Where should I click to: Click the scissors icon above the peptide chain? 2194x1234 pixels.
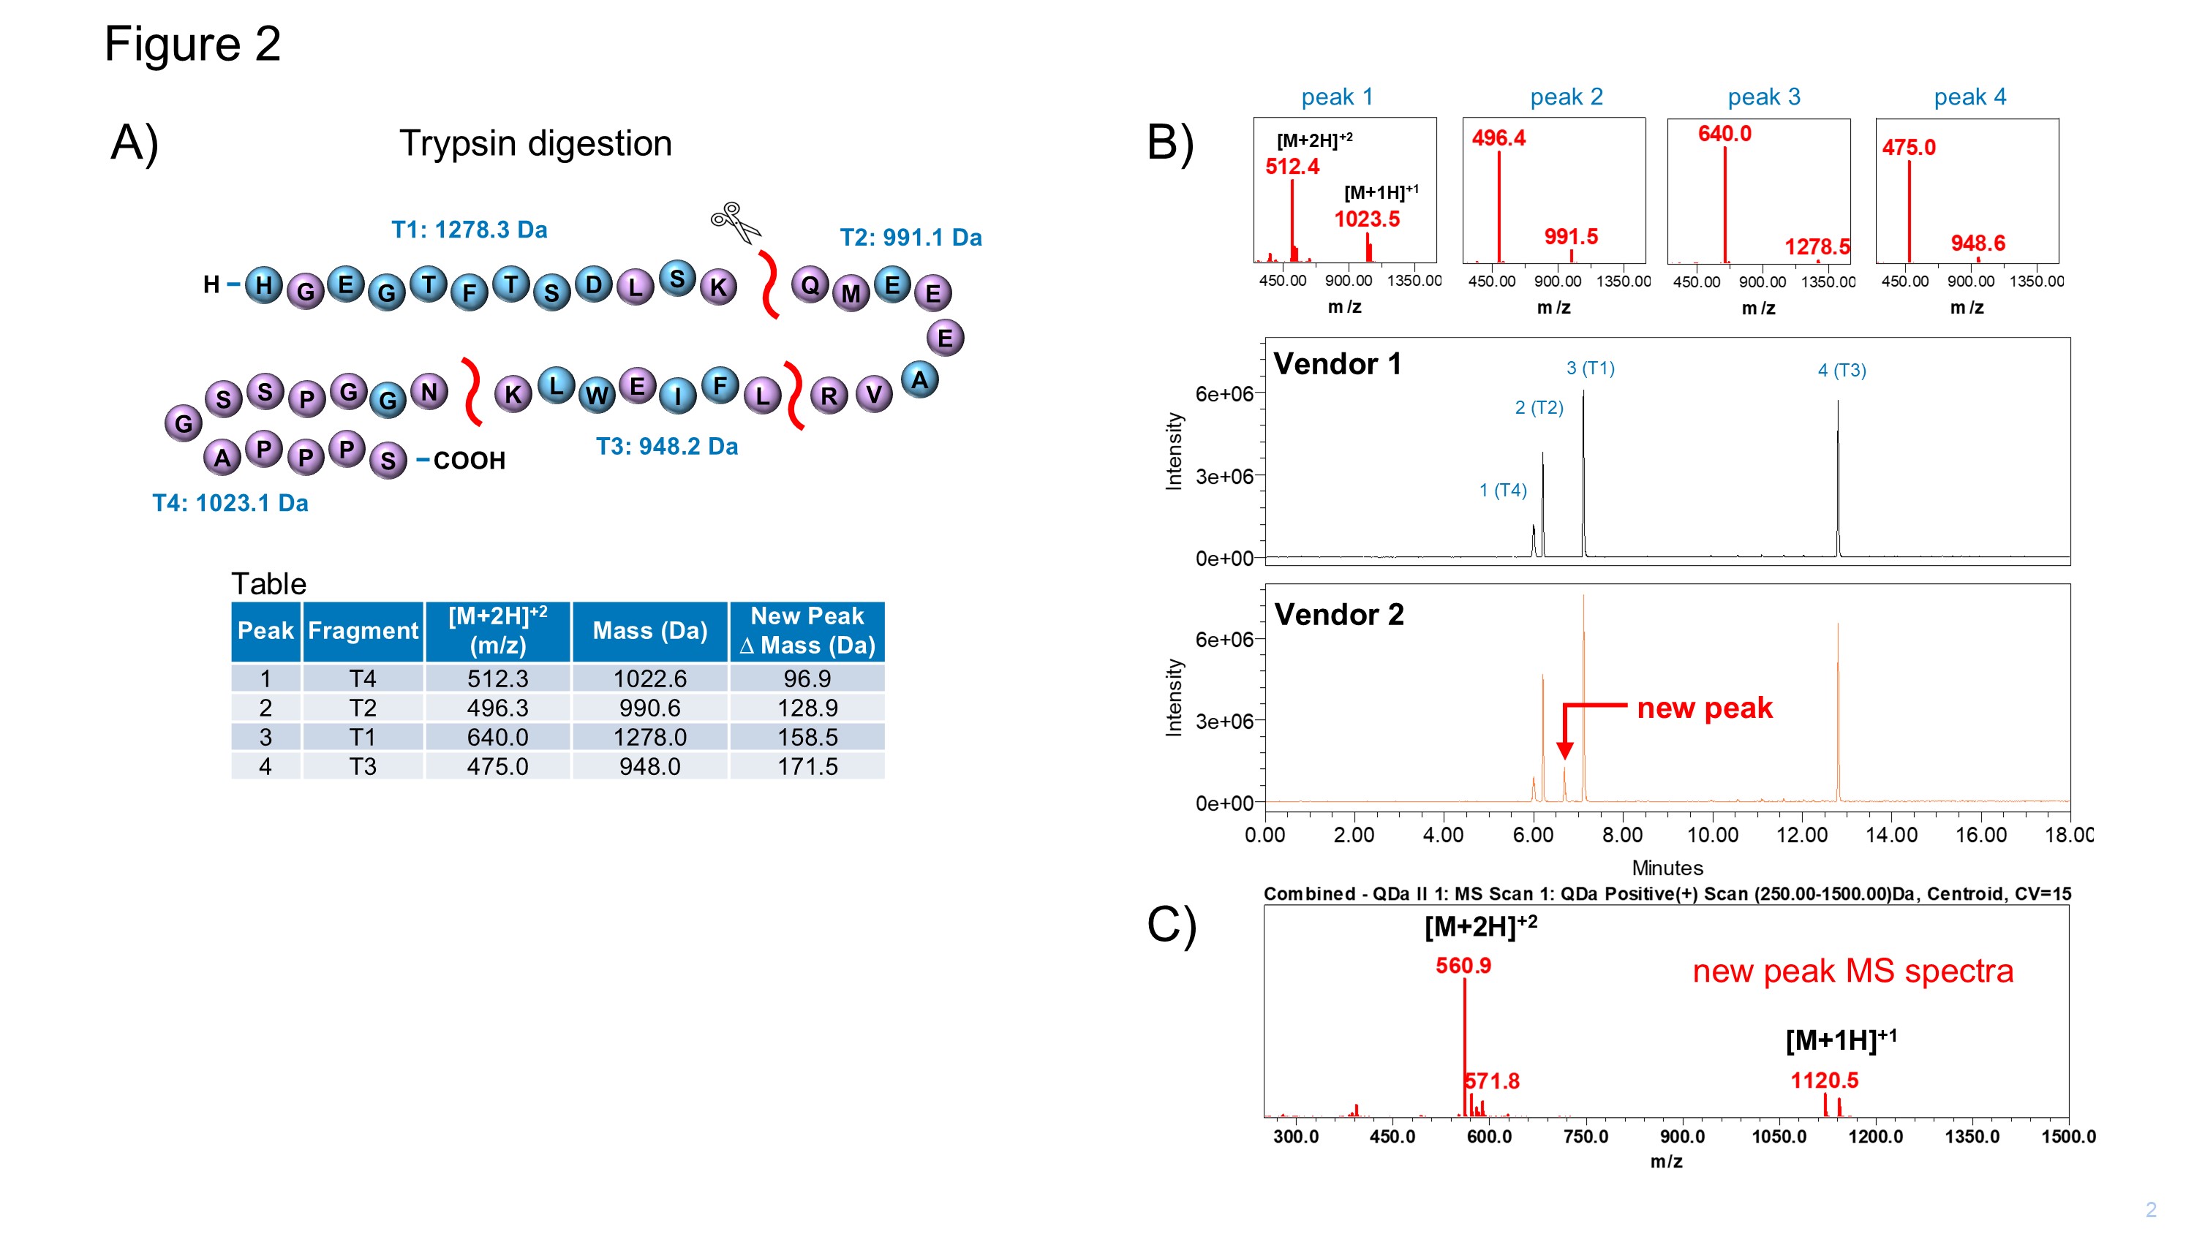point(735,222)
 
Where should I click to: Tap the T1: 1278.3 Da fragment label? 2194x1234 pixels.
point(470,230)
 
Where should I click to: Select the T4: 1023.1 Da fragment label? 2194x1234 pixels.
point(230,502)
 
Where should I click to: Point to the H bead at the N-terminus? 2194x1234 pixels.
point(264,284)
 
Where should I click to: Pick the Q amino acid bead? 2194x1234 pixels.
point(811,284)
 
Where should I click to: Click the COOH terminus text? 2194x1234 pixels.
point(470,461)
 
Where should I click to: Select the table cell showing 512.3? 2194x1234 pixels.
point(497,678)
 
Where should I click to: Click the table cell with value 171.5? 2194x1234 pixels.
point(807,766)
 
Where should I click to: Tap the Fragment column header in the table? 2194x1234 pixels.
point(363,631)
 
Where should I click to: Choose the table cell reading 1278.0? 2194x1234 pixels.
point(650,737)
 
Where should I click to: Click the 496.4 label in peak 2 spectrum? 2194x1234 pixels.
point(1499,138)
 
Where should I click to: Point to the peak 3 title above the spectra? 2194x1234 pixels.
point(1764,97)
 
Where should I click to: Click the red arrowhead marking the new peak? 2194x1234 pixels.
point(1564,749)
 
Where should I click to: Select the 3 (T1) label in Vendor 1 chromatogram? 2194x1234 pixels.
point(1590,368)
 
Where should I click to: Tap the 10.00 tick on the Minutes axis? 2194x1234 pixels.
point(1712,835)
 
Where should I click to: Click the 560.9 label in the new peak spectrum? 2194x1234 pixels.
point(1463,966)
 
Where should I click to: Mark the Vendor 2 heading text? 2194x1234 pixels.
point(1339,614)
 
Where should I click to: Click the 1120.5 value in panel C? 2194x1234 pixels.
point(1825,1080)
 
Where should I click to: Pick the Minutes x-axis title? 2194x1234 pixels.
point(1667,868)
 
